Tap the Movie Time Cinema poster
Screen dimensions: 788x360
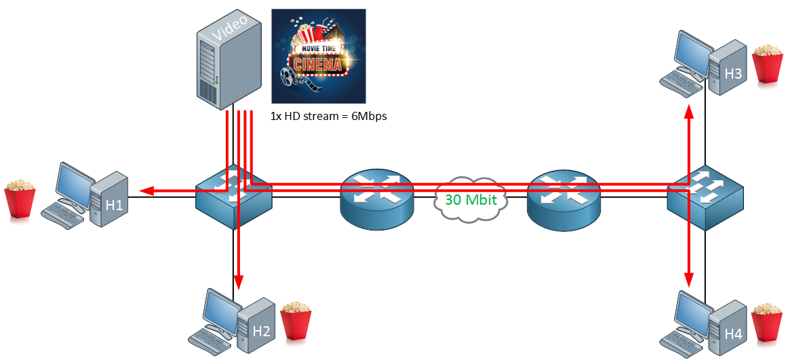click(318, 56)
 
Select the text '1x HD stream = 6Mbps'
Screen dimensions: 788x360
click(329, 116)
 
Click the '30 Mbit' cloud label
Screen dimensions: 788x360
click(471, 200)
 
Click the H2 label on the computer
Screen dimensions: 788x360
click(262, 331)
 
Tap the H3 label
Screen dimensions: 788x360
click(733, 74)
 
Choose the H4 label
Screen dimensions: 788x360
click(733, 334)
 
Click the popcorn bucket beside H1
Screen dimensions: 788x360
click(20, 199)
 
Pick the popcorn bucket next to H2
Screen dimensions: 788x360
click(296, 320)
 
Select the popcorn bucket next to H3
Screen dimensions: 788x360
click(768, 64)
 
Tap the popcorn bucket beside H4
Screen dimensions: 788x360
click(768, 322)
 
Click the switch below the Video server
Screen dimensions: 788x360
click(234, 197)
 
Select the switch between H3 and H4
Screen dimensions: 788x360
click(705, 198)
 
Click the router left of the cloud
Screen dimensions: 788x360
click(376, 197)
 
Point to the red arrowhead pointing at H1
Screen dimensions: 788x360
click(146, 191)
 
